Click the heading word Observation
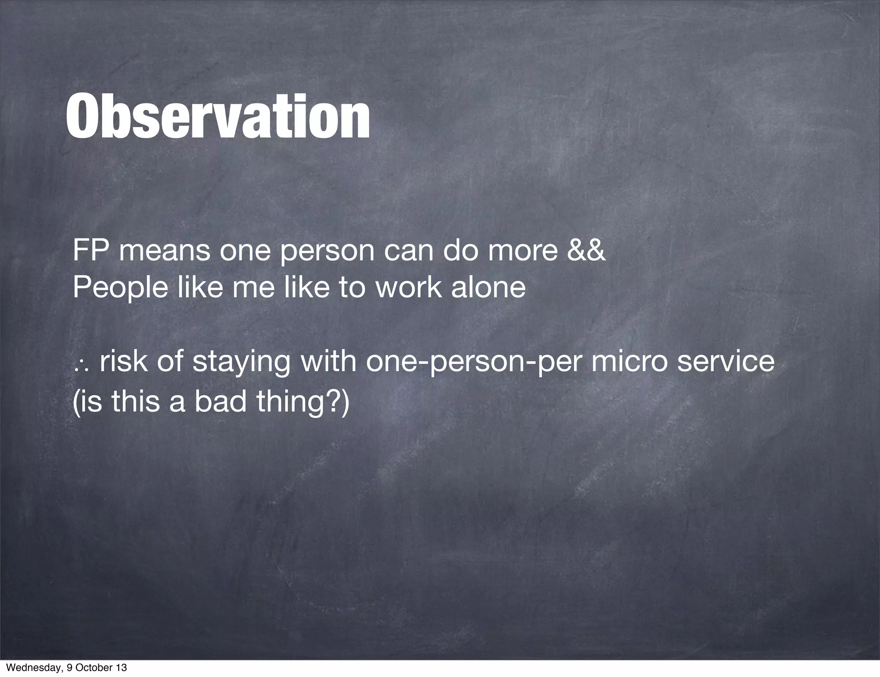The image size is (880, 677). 217,117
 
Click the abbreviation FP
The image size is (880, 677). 89,251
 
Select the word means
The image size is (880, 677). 164,251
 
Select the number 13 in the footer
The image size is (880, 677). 122,668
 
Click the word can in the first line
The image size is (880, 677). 408,251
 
